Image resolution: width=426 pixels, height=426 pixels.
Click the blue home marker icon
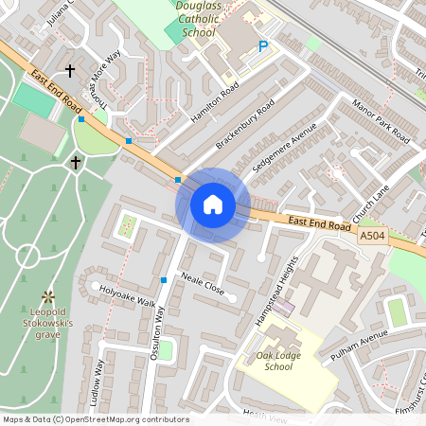pos(213,204)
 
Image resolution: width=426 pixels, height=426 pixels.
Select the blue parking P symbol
pos(263,45)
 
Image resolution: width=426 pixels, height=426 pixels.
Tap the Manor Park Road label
pos(383,118)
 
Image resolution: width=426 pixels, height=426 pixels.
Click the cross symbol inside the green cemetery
pos(76,163)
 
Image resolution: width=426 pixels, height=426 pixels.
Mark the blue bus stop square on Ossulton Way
pos(164,280)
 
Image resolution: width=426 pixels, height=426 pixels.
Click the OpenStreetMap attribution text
pos(95,419)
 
